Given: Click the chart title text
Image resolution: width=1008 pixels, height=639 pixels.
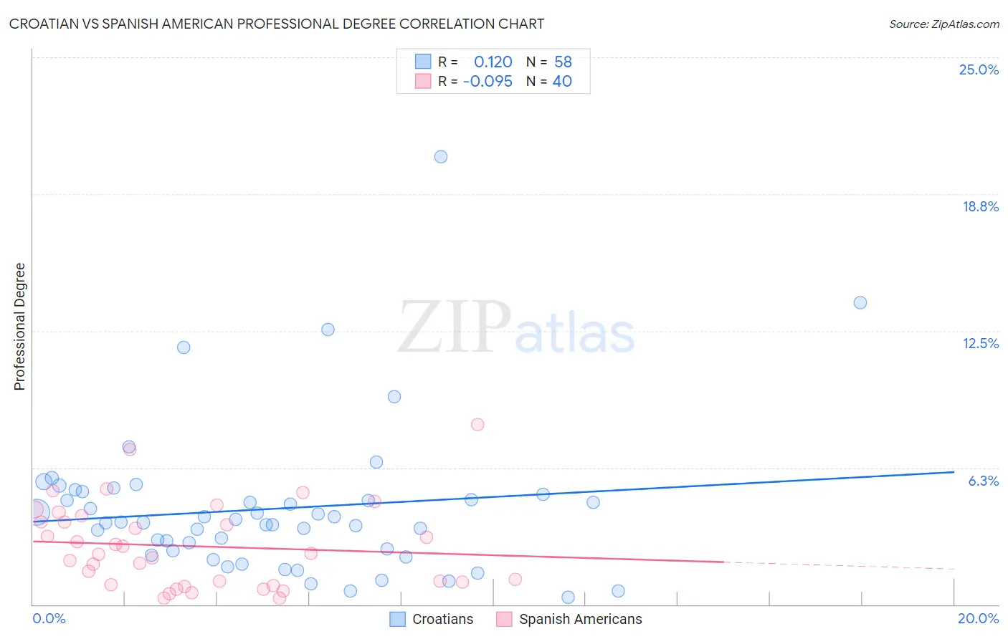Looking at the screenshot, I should tap(277, 24).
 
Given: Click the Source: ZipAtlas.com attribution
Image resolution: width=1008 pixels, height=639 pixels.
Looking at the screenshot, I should tap(943, 24).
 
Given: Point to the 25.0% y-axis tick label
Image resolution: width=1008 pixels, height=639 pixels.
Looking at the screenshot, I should tap(979, 69).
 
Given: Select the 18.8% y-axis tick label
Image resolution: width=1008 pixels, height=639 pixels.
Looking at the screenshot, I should tap(980, 206).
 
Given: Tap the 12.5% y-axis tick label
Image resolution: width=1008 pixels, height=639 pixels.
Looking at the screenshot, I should tap(980, 343).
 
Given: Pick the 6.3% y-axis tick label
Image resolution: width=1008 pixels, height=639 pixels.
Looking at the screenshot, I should tap(983, 481).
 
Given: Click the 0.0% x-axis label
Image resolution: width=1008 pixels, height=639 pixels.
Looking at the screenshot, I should tap(49, 618).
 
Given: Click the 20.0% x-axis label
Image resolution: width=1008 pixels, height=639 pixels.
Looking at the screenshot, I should tap(978, 618).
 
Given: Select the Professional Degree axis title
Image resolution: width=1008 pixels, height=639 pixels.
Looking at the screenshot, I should tap(19, 327).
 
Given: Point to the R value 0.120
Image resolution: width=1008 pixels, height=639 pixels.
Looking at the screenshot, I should tap(493, 62).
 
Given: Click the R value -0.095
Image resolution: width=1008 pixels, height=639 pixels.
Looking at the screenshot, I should tap(488, 81).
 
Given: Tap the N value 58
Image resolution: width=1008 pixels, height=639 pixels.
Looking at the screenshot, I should tap(563, 62).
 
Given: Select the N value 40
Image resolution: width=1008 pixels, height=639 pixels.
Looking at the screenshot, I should tap(562, 81).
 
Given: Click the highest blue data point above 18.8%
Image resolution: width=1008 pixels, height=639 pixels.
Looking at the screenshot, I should tap(441, 157).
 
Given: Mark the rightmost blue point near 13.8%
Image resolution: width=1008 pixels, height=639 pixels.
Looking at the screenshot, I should tap(860, 302).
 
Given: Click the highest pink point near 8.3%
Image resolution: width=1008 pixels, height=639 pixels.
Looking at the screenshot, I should tap(477, 424).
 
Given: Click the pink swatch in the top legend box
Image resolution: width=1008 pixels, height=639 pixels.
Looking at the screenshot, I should tap(423, 81).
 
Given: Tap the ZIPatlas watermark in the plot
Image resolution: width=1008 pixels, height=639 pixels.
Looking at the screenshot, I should tap(516, 328).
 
